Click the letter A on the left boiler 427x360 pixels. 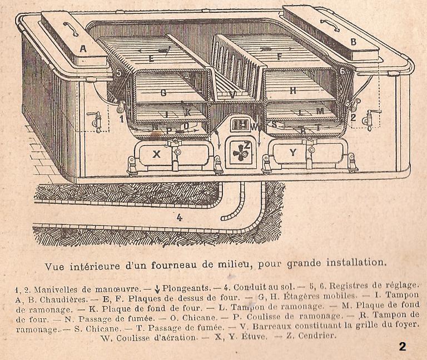[83, 49]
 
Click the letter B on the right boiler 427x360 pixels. [352, 41]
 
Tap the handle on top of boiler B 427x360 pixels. [329, 24]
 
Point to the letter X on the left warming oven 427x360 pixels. [156, 155]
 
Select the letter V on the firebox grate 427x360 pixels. [231, 94]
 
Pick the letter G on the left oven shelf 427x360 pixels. [163, 93]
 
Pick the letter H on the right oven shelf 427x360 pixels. [292, 90]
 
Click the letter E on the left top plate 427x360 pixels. [151, 57]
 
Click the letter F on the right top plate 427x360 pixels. [280, 56]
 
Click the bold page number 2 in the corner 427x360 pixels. [402, 347]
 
